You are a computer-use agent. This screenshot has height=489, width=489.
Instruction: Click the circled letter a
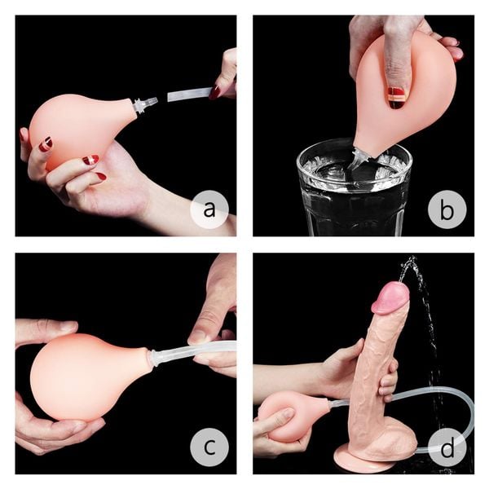point(209,210)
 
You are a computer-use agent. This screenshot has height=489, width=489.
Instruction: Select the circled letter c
point(209,447)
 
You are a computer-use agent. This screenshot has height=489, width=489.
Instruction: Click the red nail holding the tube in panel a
point(214,92)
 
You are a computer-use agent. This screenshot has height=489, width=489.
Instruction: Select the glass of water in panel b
point(354,192)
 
